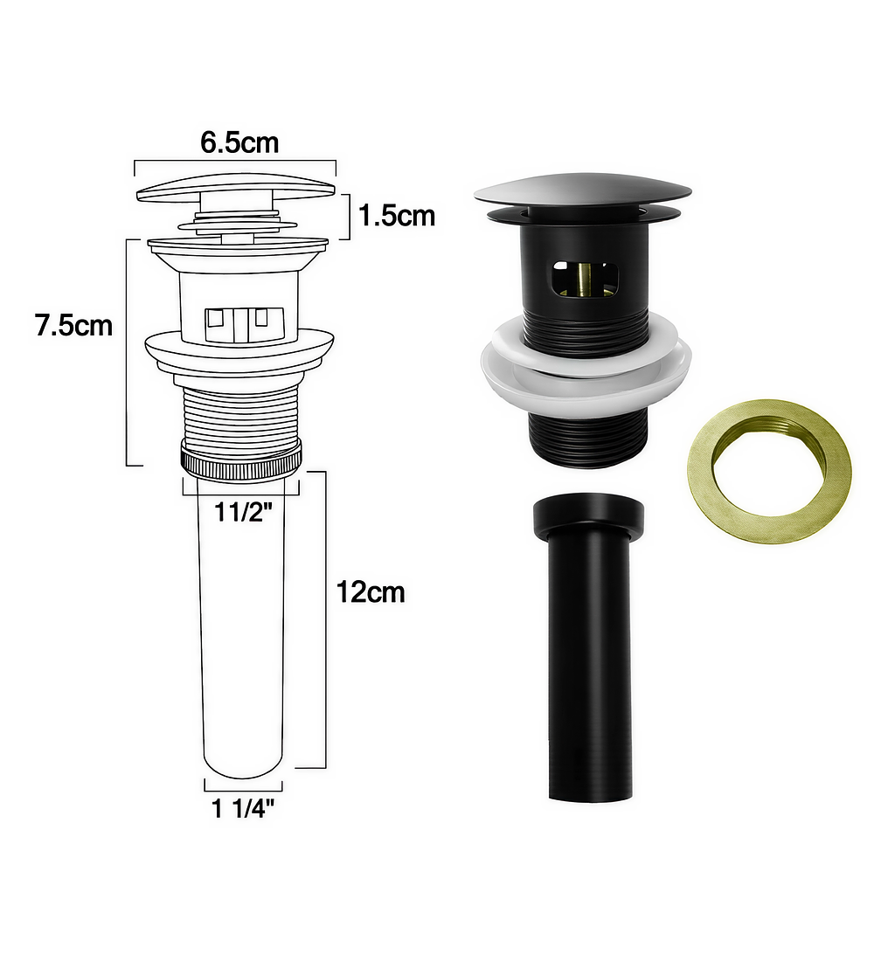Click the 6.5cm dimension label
point(239,142)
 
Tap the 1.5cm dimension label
point(397,216)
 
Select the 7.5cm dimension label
point(74,326)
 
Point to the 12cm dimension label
point(371,592)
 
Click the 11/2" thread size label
point(242,512)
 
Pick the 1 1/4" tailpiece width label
point(242,809)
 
